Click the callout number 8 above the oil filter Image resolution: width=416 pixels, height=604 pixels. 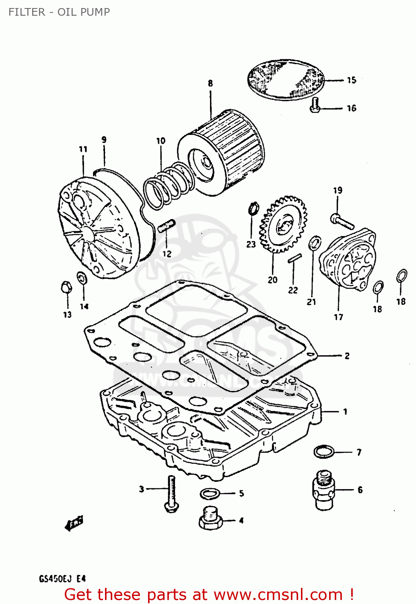[210, 83]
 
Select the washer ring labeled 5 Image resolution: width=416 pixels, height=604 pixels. [210, 493]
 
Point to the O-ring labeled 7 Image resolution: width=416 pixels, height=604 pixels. [324, 451]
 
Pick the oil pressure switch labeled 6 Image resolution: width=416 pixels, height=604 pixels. [323, 490]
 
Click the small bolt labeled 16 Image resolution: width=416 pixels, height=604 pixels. [315, 105]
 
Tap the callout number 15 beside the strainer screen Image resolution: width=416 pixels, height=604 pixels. [351, 80]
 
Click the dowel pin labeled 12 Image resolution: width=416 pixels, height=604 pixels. [166, 225]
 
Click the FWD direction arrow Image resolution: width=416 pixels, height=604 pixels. [74, 523]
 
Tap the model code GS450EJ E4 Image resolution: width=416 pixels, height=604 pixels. [62, 579]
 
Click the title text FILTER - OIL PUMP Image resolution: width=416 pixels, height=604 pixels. [59, 12]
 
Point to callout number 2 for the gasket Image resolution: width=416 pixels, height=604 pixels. [347, 356]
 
